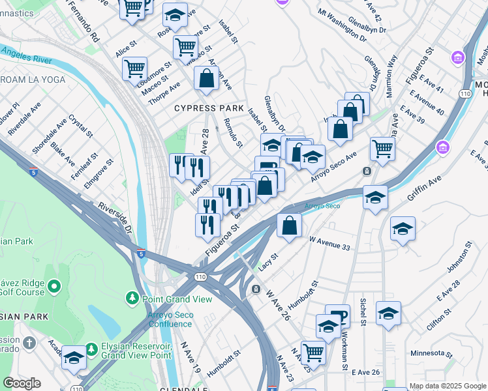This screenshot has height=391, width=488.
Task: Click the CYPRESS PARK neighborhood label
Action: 209,108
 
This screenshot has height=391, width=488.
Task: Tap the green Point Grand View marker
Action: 132,298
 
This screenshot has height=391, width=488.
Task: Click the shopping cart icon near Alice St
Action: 134,67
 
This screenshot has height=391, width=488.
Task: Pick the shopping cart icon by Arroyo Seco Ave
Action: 382,148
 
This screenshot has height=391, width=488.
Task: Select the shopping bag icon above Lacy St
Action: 289,225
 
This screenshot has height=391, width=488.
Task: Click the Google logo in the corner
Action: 22,383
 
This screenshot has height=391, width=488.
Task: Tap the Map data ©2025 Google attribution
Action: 447,386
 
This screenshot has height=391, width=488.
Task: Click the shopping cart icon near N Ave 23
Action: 313,352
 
